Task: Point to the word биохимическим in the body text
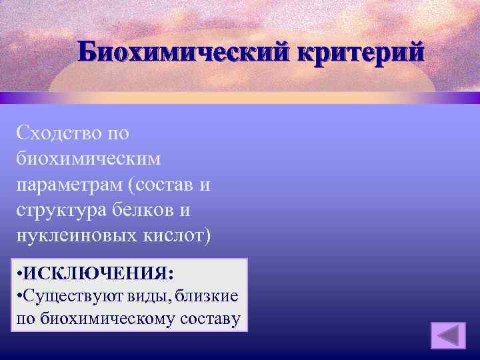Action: click(x=87, y=159)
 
